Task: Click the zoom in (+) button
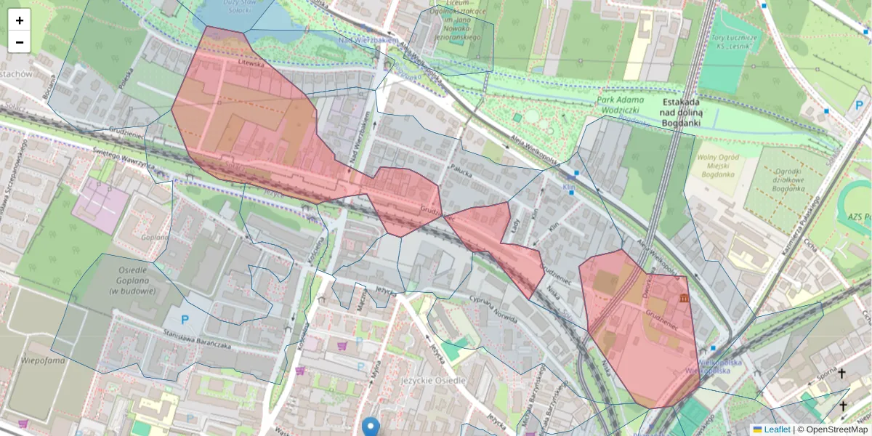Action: (x=20, y=20)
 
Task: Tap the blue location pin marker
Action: (x=371, y=427)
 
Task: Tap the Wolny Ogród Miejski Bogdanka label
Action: (x=716, y=168)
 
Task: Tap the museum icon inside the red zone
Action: (x=682, y=298)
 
